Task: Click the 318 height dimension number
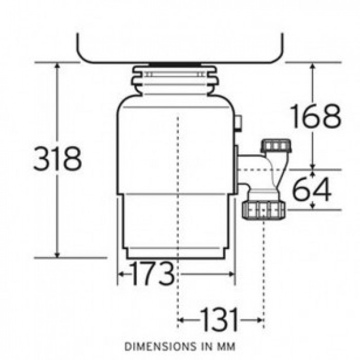58,159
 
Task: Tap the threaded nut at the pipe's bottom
263,209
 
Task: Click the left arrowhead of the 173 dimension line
121,275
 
